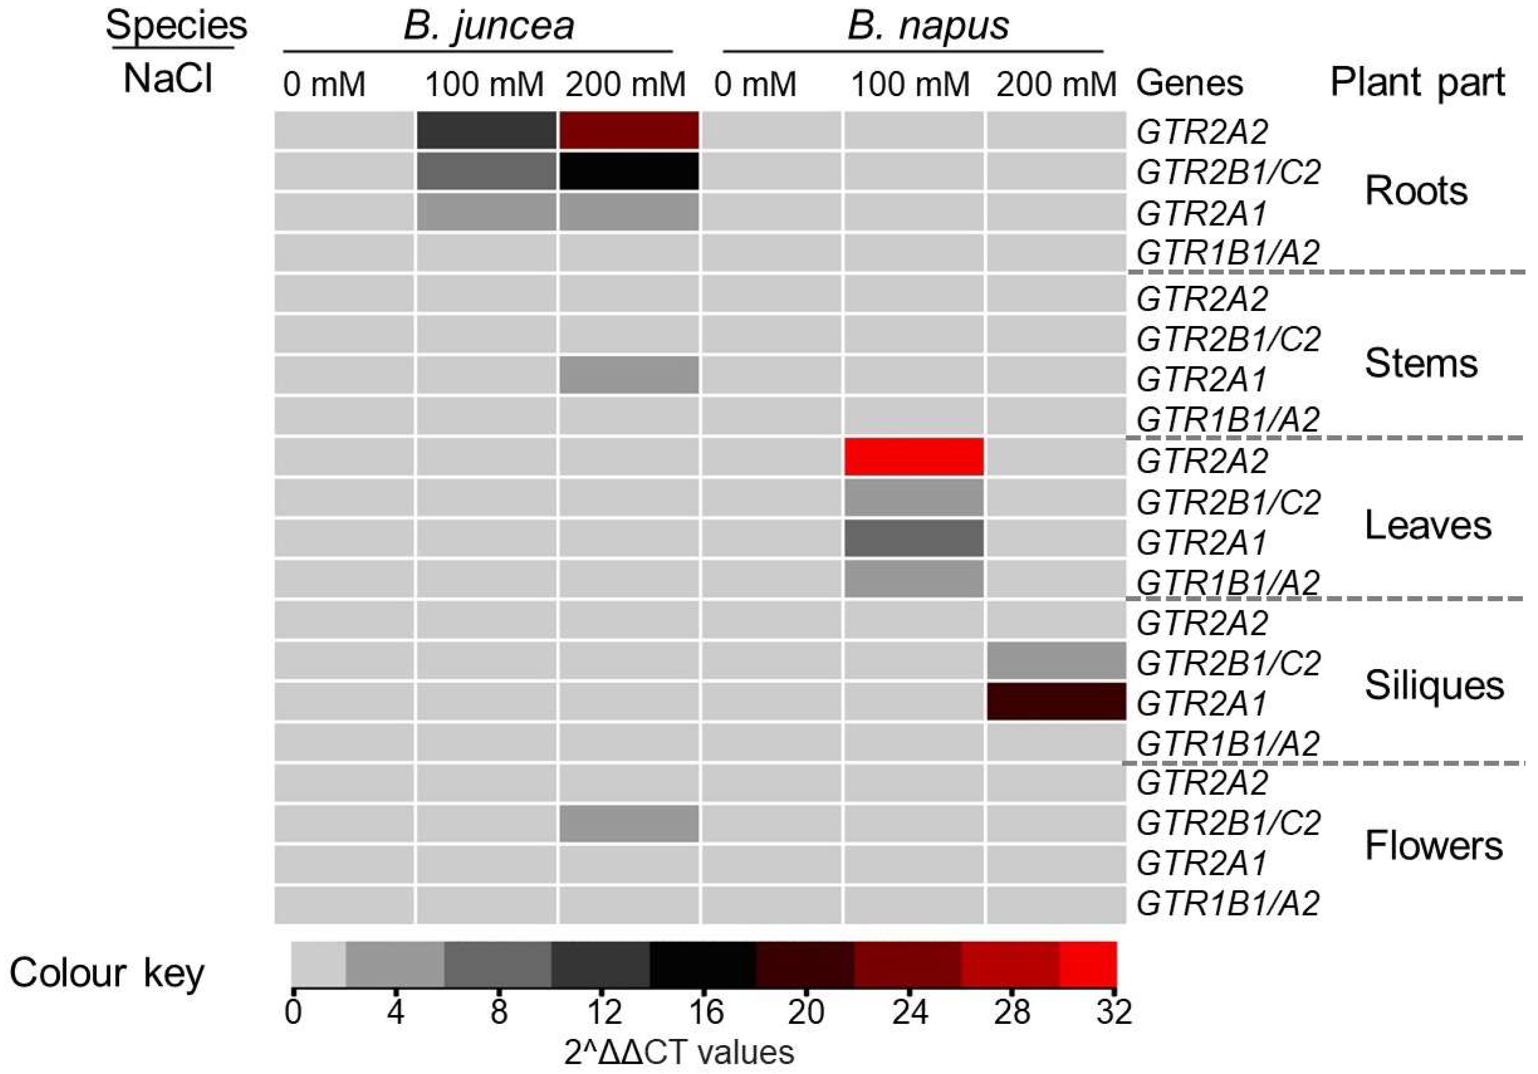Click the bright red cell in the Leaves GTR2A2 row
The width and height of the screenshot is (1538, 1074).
pos(914,457)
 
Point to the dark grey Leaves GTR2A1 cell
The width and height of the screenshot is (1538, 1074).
pos(914,538)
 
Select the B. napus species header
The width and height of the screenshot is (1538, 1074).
pos(928,27)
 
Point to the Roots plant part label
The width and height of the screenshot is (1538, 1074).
pos(1416,191)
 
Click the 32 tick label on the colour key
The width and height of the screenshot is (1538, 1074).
pos(1114,1012)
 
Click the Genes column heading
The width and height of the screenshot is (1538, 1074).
pos(1190,84)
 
